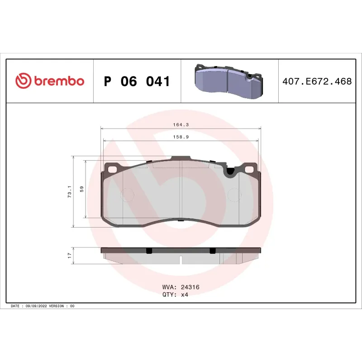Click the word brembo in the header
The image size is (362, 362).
point(58,81)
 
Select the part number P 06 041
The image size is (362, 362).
point(137,81)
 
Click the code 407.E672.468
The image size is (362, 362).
point(317,81)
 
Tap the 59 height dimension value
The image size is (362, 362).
point(81,189)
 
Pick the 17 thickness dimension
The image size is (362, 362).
point(69,256)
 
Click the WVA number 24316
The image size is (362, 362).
point(190,287)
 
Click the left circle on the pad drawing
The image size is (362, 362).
point(129,195)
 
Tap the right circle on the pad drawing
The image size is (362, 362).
point(234,195)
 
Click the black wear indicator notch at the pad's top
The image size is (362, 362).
point(230,171)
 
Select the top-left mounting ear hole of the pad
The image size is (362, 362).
point(111,169)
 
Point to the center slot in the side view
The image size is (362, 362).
point(181,260)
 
